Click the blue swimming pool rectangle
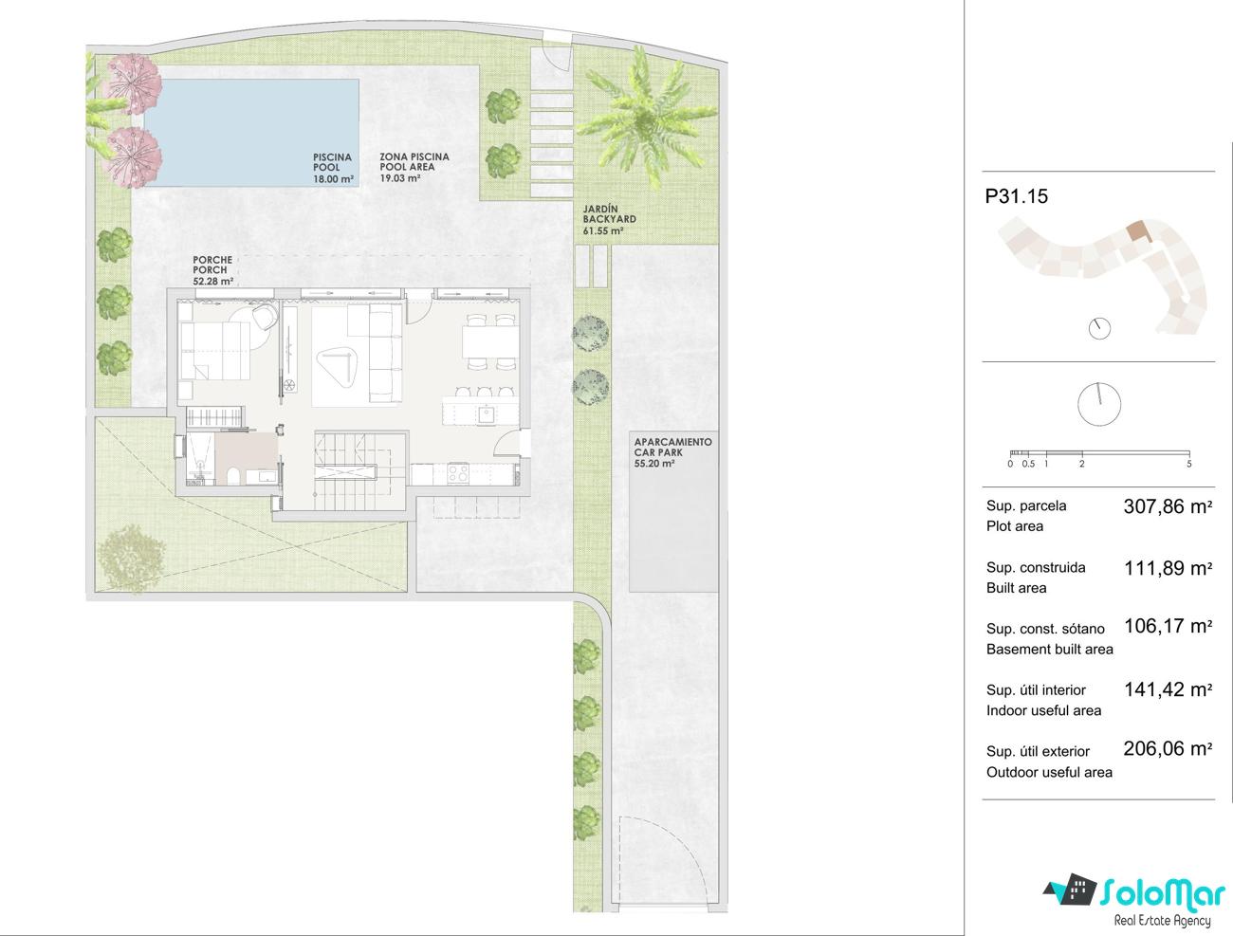[x=252, y=133]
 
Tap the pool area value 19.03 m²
[x=400, y=178]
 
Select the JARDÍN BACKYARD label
[x=609, y=213]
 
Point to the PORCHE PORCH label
[x=212, y=265]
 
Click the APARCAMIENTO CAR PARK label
[x=673, y=447]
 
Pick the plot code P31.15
[x=1016, y=196]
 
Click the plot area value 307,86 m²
[x=1168, y=506]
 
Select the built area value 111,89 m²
[x=1168, y=568]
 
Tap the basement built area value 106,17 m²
[x=1168, y=626]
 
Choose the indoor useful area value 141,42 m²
[x=1168, y=688]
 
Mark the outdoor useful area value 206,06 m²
[x=1168, y=748]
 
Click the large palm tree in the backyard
[x=646, y=117]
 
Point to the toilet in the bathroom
[x=234, y=476]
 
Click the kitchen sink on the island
[x=486, y=414]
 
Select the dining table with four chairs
[x=490, y=342]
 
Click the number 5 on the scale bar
[x=1188, y=464]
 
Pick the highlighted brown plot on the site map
[x=1138, y=230]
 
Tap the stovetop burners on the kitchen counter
[x=458, y=473]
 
